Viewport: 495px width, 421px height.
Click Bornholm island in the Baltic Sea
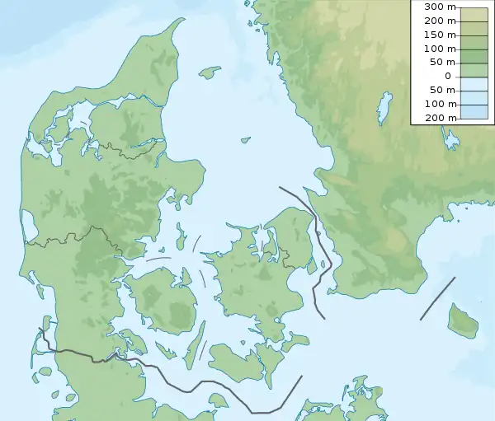[463, 319]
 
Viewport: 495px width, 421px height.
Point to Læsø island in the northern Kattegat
[210, 73]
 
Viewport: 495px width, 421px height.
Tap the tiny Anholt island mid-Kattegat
[245, 139]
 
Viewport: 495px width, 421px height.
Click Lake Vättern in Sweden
[383, 108]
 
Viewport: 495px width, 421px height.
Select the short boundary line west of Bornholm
[437, 298]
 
